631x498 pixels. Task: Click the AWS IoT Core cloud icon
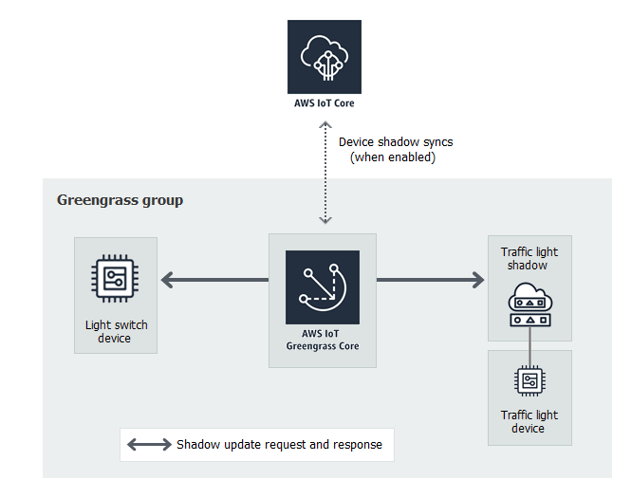(325, 56)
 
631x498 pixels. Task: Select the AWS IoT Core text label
(325, 103)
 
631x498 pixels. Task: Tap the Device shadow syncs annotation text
(396, 142)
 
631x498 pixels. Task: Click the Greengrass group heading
(120, 200)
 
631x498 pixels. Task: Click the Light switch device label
(116, 332)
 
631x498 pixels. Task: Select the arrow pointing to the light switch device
(213, 280)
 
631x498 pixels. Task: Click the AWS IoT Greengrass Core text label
(323, 341)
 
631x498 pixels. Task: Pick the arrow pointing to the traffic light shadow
(431, 280)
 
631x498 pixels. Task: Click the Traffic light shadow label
(529, 259)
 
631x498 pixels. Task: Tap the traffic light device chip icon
(529, 381)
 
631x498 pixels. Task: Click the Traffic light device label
(529, 421)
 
